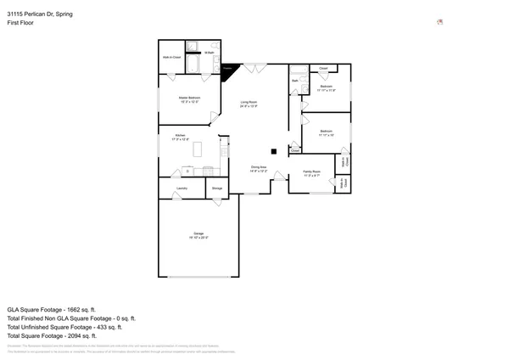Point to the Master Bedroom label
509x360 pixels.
[x=188, y=98]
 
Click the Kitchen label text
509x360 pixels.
[x=180, y=135]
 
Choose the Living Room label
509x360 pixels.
[x=247, y=102]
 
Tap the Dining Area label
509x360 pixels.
[x=259, y=167]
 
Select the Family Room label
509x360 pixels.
[x=311, y=172]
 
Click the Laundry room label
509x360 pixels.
[x=182, y=188]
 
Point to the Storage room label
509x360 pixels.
[x=217, y=188]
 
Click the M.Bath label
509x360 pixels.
[x=209, y=53]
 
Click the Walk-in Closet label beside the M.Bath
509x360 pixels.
[x=171, y=57]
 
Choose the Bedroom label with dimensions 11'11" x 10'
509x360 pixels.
[x=327, y=132]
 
